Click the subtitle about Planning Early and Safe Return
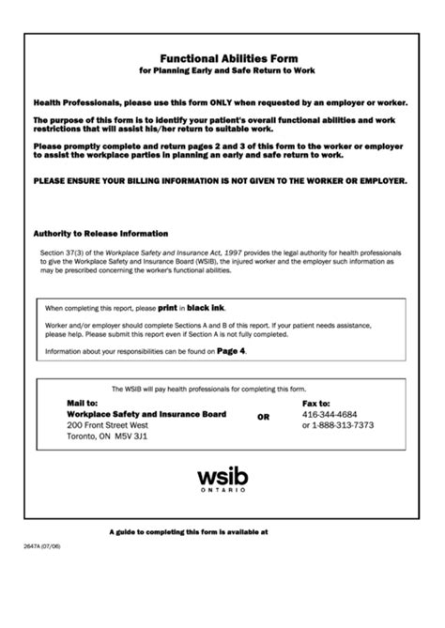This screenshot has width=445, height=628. (x=222, y=70)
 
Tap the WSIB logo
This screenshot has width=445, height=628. (x=222, y=469)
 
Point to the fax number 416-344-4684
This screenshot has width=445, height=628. (x=329, y=414)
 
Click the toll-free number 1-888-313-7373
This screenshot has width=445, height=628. (x=343, y=425)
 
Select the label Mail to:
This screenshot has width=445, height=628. (x=83, y=402)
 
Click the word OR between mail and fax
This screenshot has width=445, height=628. (x=263, y=418)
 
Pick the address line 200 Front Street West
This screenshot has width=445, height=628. (x=108, y=425)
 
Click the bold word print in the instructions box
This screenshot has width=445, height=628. (x=167, y=307)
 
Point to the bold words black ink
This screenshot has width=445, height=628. (x=206, y=307)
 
